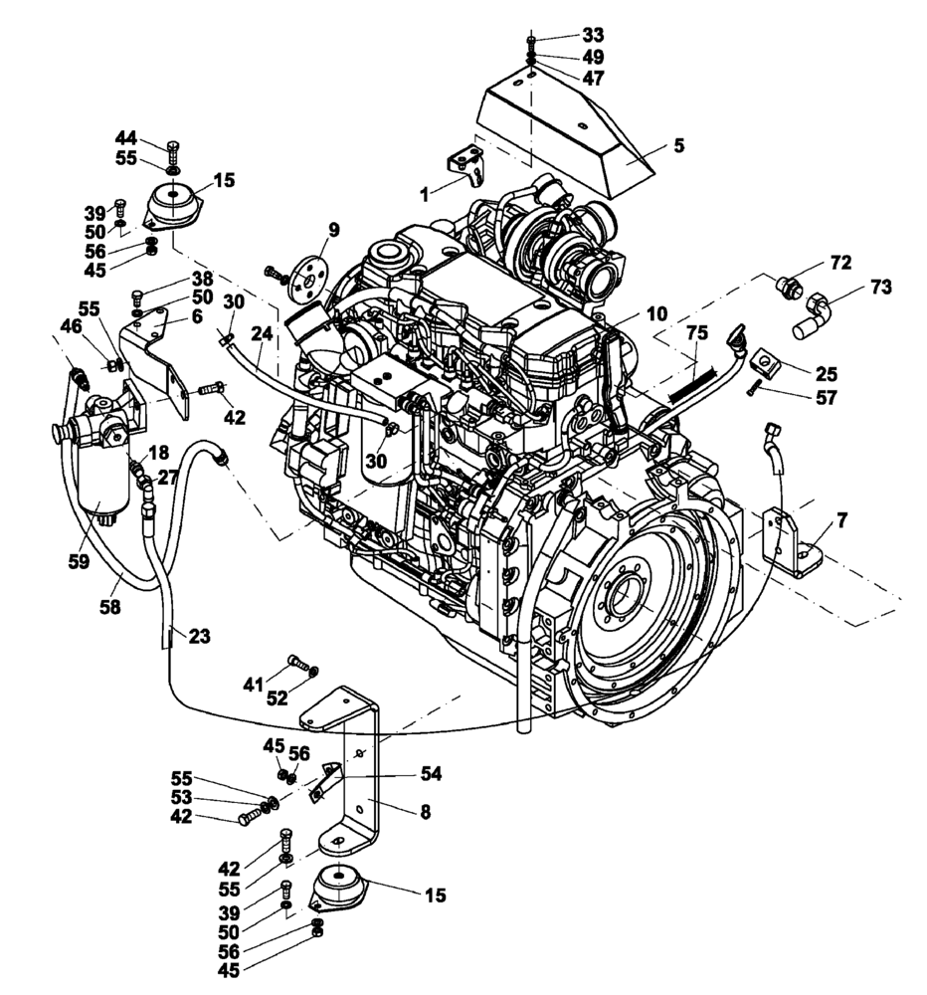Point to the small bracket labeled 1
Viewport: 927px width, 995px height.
pos(465,165)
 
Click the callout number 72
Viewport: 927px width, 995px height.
pos(840,263)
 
